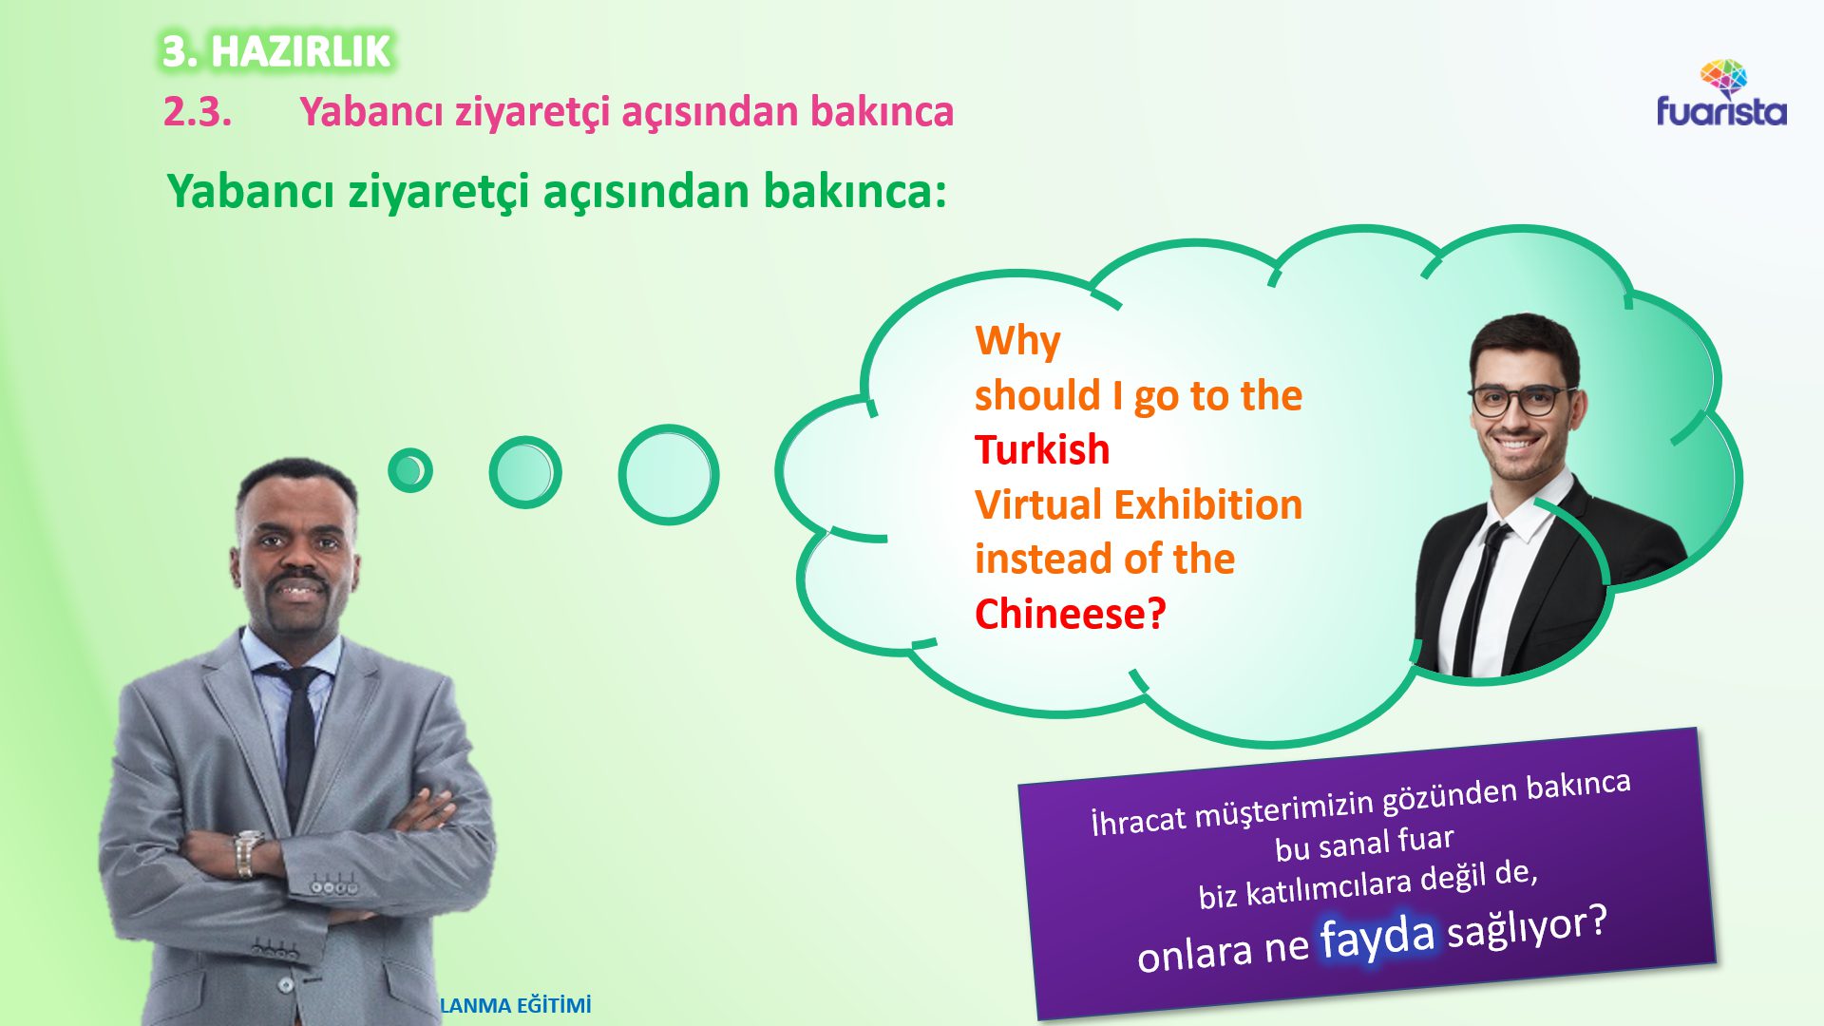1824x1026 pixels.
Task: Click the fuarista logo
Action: point(1721,96)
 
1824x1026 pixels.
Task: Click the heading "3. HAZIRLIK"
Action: point(275,51)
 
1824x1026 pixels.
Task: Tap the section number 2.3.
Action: point(198,112)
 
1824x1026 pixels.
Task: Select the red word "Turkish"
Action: point(1042,449)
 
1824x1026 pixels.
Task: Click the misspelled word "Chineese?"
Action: point(1070,614)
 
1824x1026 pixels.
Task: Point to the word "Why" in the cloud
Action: point(1017,340)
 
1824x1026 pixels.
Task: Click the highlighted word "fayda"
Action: point(1377,937)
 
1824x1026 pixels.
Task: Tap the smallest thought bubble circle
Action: point(410,470)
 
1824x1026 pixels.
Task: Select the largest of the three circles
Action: point(668,475)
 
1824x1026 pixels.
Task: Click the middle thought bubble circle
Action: point(524,472)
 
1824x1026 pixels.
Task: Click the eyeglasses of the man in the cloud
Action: point(1517,400)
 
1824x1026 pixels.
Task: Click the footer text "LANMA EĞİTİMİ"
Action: point(516,1005)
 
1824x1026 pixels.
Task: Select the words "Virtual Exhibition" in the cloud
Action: point(1138,504)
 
